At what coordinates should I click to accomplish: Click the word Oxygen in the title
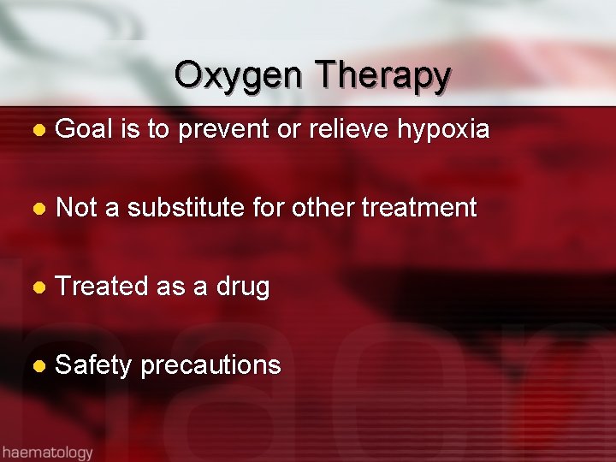coord(238,76)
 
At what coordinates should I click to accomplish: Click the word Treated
coord(102,286)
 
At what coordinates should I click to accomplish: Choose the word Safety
coord(93,365)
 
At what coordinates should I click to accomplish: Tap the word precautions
coord(210,365)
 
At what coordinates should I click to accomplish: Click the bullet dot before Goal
coord(37,131)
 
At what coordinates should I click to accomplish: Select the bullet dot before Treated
coord(37,287)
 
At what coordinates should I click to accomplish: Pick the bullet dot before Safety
coord(37,366)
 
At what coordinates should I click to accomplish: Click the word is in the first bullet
coord(130,129)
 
